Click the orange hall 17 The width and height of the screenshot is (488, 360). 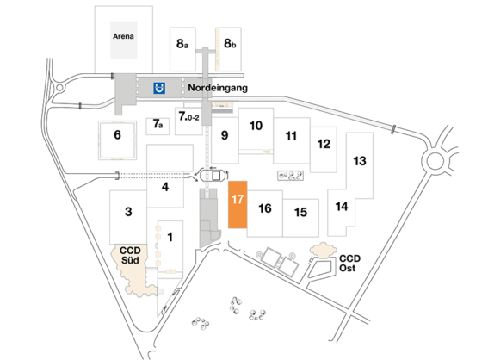click(x=238, y=204)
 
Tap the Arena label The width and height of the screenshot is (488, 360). click(x=125, y=36)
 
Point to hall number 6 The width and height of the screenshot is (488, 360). click(x=118, y=134)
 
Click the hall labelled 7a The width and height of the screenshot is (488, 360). click(x=158, y=125)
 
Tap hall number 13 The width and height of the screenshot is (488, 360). click(x=360, y=161)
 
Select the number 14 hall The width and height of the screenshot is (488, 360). click(x=342, y=207)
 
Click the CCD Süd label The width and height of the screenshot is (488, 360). click(x=131, y=254)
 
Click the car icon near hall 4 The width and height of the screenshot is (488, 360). click(x=212, y=172)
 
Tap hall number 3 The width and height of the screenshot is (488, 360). click(x=127, y=212)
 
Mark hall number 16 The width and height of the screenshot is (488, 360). click(x=265, y=208)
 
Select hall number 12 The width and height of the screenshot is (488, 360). click(x=324, y=143)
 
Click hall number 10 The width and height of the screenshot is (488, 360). click(x=256, y=126)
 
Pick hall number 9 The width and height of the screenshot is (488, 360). click(x=224, y=134)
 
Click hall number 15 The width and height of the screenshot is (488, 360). click(x=300, y=212)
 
